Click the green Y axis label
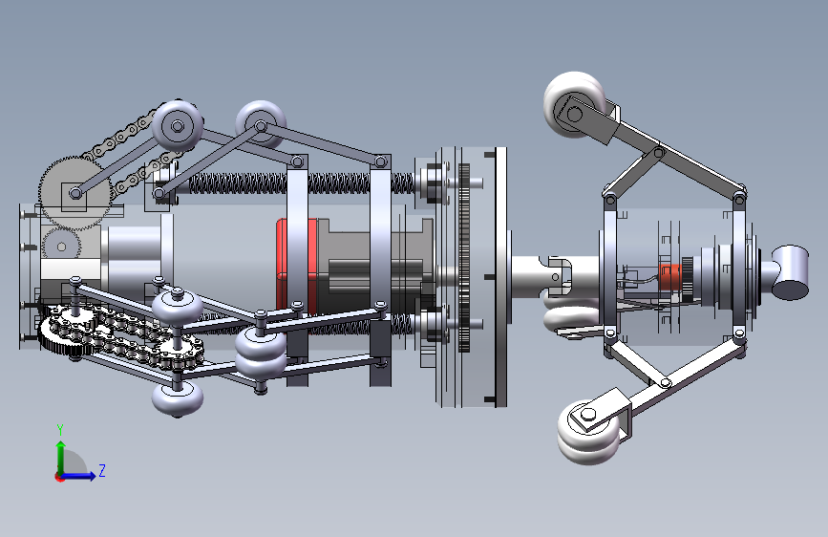click(x=60, y=429)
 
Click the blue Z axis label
click(x=102, y=470)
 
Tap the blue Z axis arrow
click(x=78, y=476)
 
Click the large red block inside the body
click(x=296, y=265)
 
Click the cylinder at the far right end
click(x=790, y=272)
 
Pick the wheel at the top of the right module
click(x=575, y=104)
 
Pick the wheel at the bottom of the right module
click(x=588, y=432)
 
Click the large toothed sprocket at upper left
click(x=75, y=193)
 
